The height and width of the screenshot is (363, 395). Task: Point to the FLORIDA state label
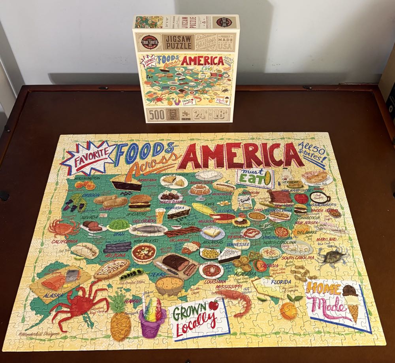281,282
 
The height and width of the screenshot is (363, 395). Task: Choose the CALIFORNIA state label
63,241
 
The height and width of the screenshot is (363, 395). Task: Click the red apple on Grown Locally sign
214,305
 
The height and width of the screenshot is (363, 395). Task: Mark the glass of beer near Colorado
160,216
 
